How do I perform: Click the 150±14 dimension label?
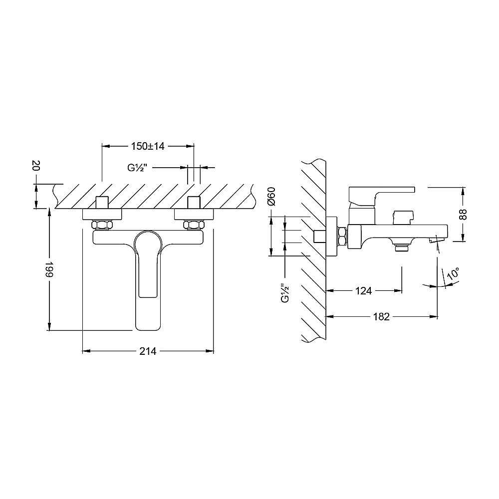[x=148, y=146]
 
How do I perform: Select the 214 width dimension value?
[x=148, y=351]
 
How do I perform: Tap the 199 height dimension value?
[x=49, y=269]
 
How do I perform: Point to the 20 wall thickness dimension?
[x=36, y=166]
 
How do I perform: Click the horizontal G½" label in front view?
[x=137, y=167]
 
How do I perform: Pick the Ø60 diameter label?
[x=271, y=197]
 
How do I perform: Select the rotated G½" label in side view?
[x=285, y=293]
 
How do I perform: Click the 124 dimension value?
[x=363, y=290]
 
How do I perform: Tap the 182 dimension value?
[x=381, y=317]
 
